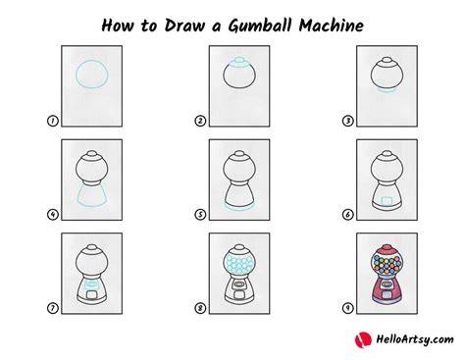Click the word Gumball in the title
pyautogui.click(x=261, y=26)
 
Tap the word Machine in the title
pyautogui.click(x=331, y=26)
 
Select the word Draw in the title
pyautogui.click(x=185, y=26)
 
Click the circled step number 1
pyautogui.click(x=52, y=121)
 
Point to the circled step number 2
pyautogui.click(x=200, y=121)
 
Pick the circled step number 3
pyautogui.click(x=347, y=121)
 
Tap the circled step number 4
pyautogui.click(x=52, y=215)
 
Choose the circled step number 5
pyautogui.click(x=200, y=215)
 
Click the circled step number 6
pyautogui.click(x=347, y=215)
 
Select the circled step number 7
pyautogui.click(x=52, y=308)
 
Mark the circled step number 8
pyautogui.click(x=200, y=308)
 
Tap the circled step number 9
pyautogui.click(x=347, y=308)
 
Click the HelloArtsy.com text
pyautogui.click(x=415, y=339)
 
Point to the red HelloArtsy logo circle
pyautogui.click(x=363, y=339)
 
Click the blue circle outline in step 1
pyautogui.click(x=76, y=75)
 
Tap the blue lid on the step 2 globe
pyautogui.click(x=239, y=62)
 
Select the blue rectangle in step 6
pyautogui.click(x=387, y=200)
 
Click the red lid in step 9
pyautogui.click(x=387, y=249)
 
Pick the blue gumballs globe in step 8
pyautogui.click(x=239, y=264)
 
